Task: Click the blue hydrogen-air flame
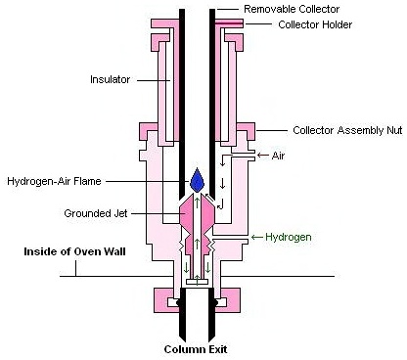[x=198, y=181]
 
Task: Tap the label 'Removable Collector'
[x=291, y=9]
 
